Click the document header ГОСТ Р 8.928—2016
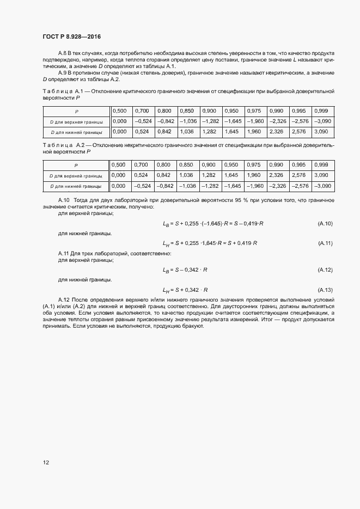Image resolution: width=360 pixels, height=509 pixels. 71,35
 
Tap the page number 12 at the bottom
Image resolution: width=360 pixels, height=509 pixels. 46,462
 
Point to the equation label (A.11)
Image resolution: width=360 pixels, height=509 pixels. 325,243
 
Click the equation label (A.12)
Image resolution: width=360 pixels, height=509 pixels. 325,270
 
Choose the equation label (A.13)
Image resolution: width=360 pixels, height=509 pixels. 325,290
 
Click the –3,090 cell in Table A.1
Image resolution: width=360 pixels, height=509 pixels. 324,121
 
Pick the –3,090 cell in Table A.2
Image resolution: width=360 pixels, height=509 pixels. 324,186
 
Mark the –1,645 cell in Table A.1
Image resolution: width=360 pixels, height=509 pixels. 234,121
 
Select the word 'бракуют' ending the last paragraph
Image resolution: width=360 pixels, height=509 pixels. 192,326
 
